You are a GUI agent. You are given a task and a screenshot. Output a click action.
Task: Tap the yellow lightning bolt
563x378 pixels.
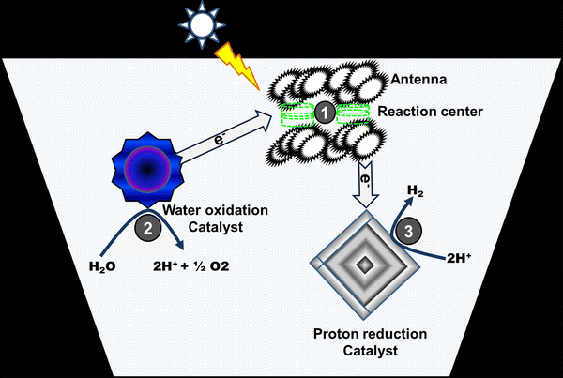(235, 63)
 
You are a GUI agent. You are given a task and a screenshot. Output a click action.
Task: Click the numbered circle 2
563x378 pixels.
(147, 226)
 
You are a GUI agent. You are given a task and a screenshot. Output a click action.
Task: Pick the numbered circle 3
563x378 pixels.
(400, 232)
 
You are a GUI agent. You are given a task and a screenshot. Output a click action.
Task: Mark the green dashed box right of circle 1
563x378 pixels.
(352, 113)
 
